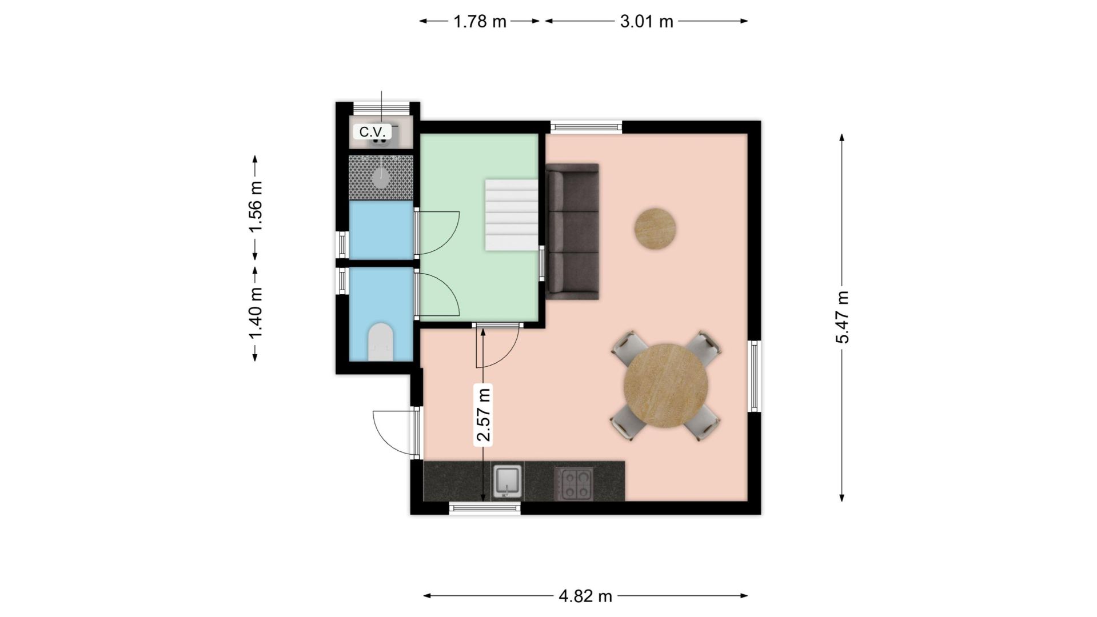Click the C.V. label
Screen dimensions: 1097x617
373,132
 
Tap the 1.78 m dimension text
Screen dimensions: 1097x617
480,22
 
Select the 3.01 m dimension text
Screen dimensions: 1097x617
647,22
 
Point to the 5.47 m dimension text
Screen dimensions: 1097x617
842,317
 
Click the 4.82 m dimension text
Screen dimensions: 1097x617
585,596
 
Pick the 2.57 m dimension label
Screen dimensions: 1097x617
484,415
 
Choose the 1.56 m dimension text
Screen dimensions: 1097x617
255,206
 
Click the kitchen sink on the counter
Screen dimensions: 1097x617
508,482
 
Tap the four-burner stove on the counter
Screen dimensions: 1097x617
573,483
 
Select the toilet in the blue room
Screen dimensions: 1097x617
381,342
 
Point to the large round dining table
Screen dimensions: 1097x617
666,385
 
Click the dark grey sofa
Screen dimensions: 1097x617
572,231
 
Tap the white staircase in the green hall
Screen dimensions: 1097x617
512,215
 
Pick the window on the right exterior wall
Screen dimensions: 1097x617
755,376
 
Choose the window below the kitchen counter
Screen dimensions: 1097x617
485,508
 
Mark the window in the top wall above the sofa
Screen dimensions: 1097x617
586,127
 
